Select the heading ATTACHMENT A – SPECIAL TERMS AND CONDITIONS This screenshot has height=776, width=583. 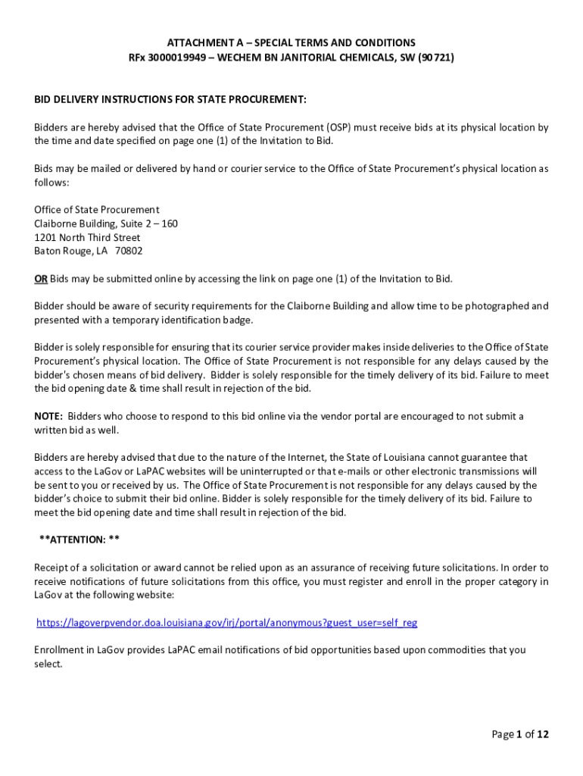pos(291,42)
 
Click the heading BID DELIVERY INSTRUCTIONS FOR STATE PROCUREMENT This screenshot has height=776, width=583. pos(170,100)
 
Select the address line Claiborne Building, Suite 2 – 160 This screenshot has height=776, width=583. pos(106,224)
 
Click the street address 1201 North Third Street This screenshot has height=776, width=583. pos(87,237)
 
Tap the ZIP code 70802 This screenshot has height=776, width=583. pos(128,251)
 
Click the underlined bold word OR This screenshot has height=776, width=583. pos(41,279)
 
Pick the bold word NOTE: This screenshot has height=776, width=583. pos(48,416)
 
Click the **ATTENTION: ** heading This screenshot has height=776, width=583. pos(79,540)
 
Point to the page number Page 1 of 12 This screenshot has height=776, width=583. pos(520,734)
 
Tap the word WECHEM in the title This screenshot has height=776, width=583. pos(241,57)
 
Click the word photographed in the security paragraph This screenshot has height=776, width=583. pos(498,306)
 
